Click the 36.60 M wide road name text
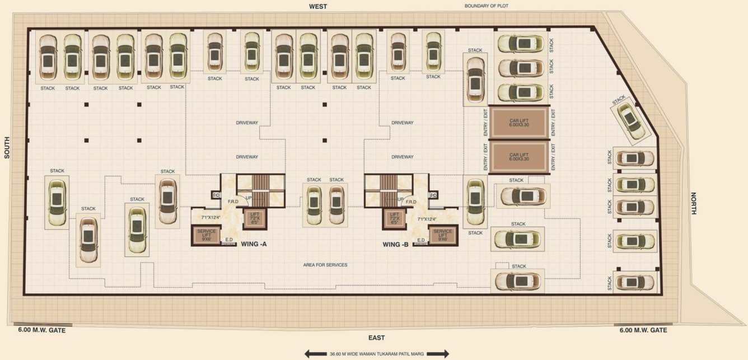[377, 354]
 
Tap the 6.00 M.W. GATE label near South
[42, 330]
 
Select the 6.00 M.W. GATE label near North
[643, 330]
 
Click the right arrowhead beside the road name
[446, 354]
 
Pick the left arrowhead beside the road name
[308, 354]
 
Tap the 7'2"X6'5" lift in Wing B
[394, 218]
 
